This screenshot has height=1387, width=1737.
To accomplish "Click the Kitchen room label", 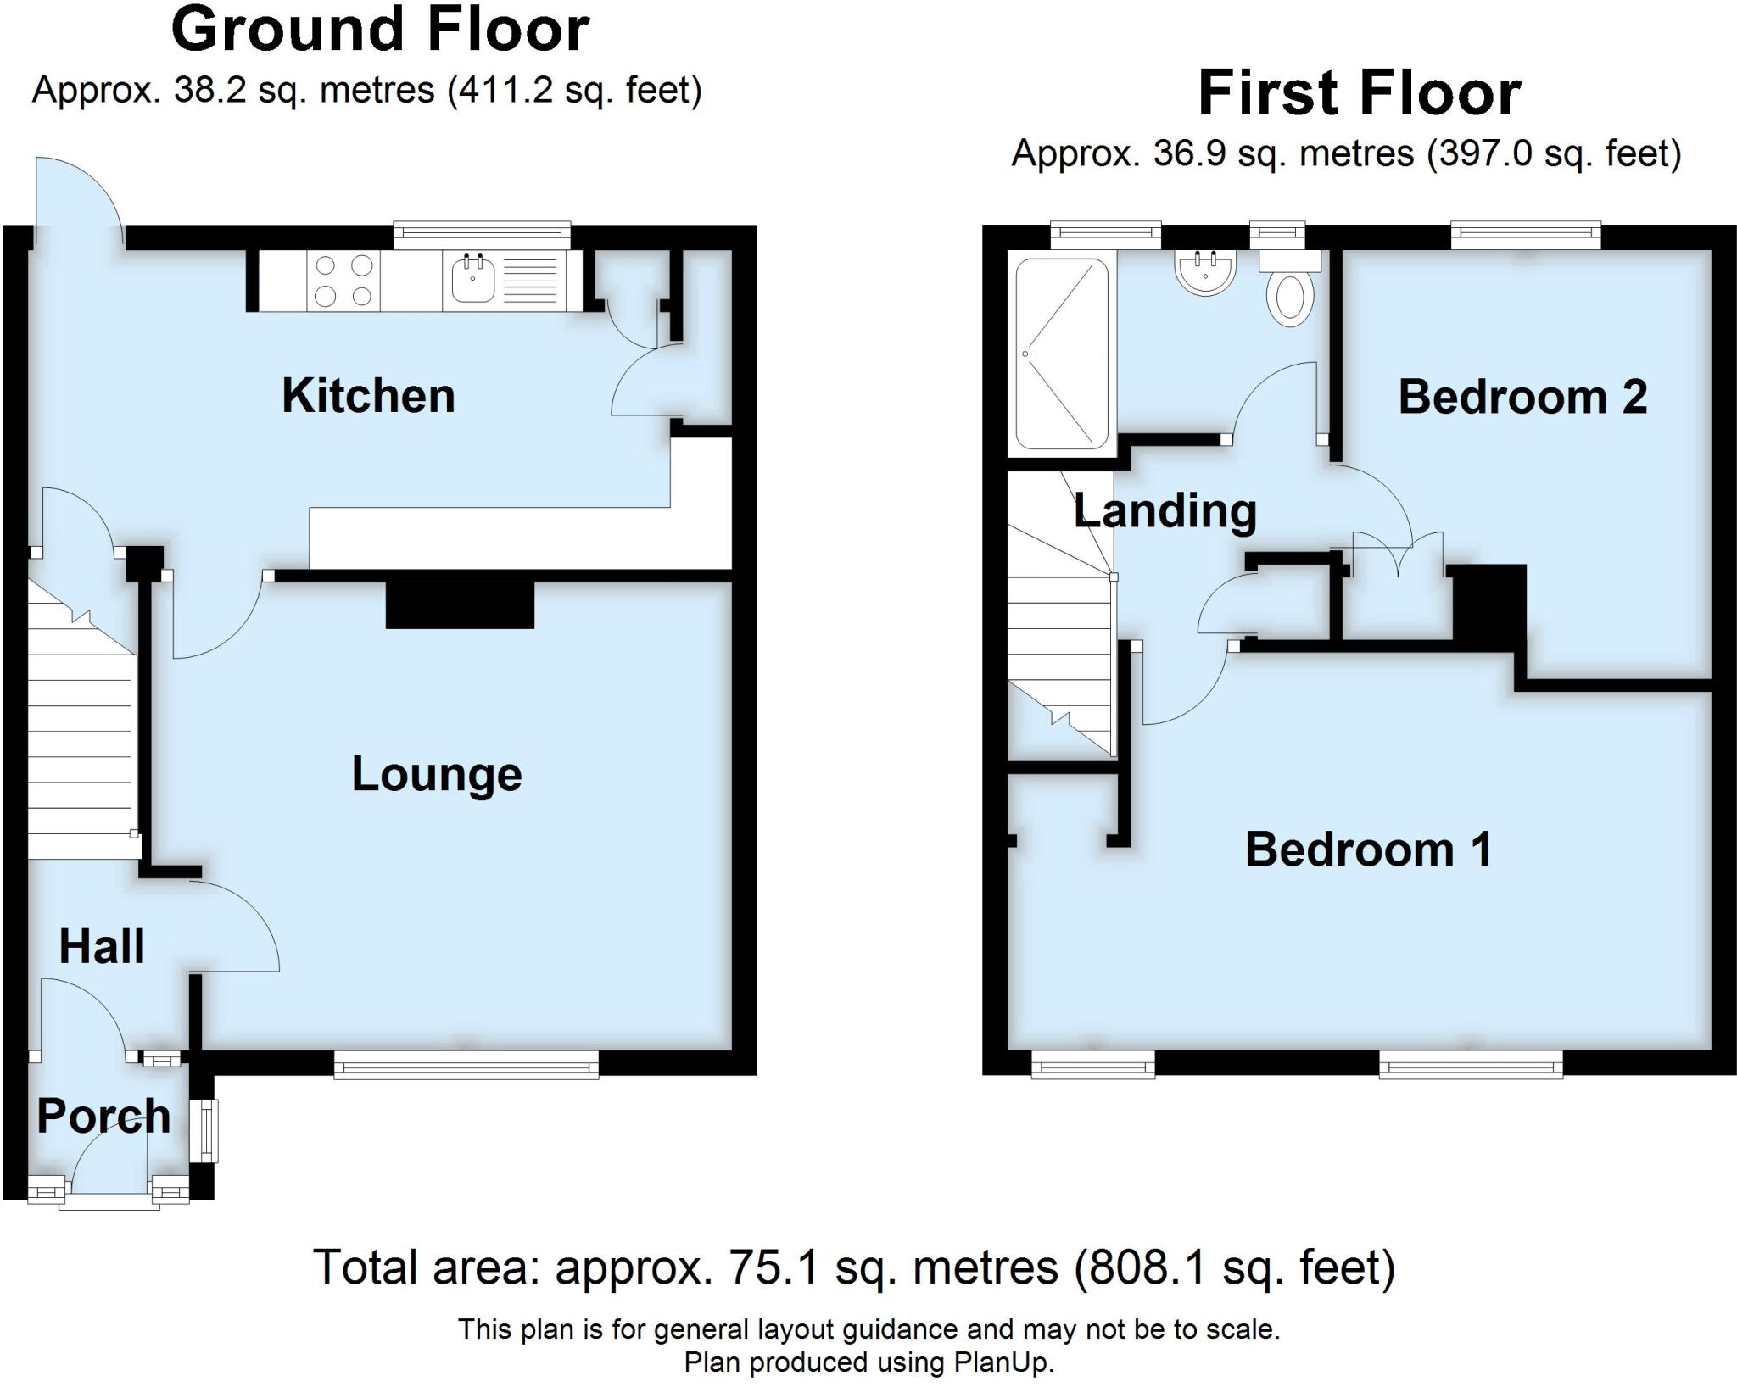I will [x=368, y=396].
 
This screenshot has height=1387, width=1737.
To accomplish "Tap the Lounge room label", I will [x=437, y=774].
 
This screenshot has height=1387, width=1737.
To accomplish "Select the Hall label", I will [x=102, y=946].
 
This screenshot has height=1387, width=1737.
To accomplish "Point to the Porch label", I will [x=103, y=1116].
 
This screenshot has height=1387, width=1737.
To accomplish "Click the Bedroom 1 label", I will [x=1368, y=849].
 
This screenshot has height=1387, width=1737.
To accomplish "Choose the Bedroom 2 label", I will [x=1522, y=397].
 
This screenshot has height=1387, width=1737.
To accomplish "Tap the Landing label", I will [x=1165, y=510].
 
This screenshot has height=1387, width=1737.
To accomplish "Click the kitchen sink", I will [x=472, y=279].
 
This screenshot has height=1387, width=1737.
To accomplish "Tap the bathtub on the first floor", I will [x=1062, y=354].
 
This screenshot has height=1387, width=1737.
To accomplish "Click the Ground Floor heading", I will [x=380, y=31].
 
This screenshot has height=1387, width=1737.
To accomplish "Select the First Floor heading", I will [x=1359, y=94].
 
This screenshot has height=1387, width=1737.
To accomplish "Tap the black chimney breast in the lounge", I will [x=460, y=605].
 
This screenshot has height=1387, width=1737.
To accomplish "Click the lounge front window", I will [x=466, y=1064].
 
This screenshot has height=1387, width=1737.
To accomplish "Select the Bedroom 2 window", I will [x=1525, y=234].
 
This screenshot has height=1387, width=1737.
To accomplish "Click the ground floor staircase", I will [x=81, y=721].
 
